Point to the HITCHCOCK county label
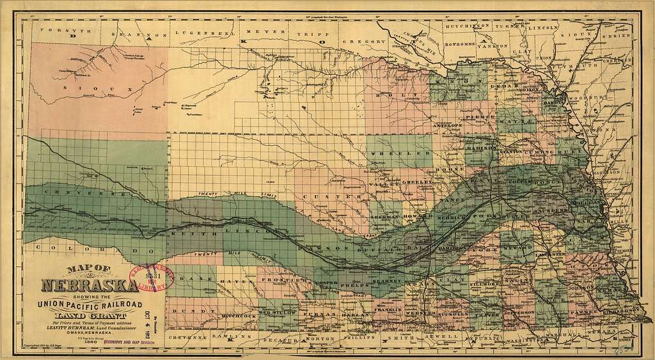(x=238, y=315)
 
